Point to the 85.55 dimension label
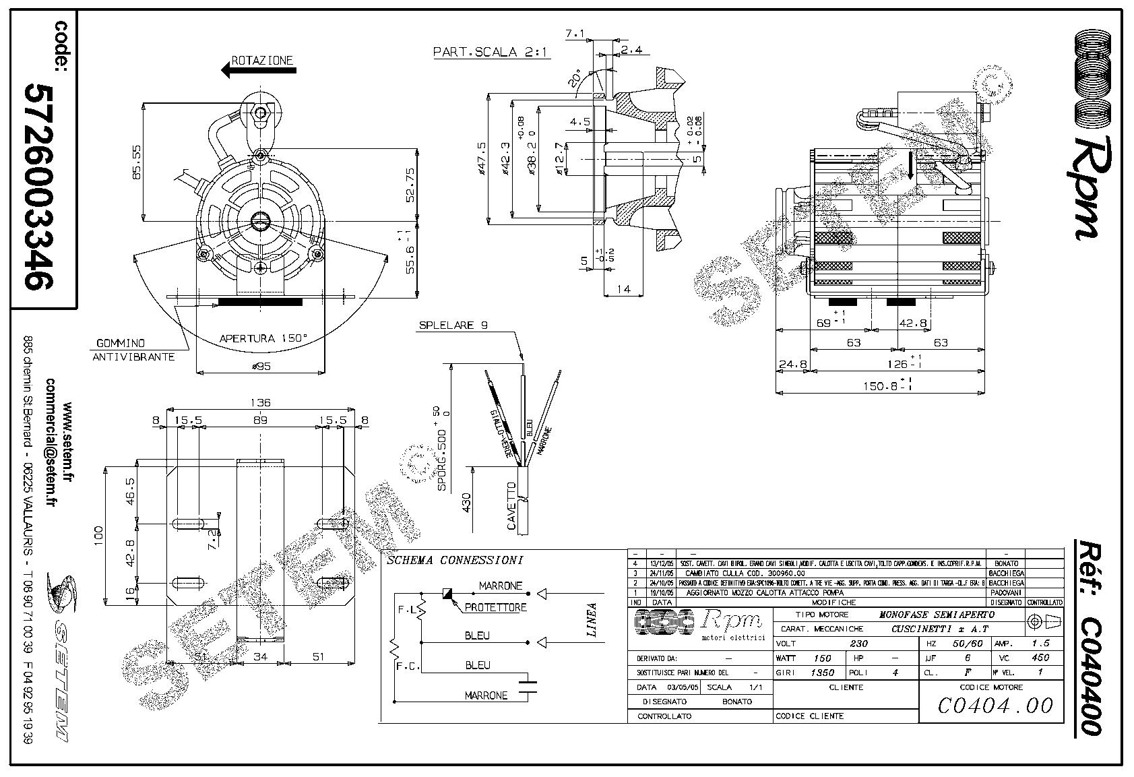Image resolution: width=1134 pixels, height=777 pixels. point(137,162)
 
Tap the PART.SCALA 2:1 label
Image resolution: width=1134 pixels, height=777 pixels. point(491,51)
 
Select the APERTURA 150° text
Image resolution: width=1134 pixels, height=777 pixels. point(263,338)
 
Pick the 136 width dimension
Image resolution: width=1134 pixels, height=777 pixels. point(260,402)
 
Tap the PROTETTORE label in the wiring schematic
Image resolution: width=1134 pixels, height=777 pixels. point(495,607)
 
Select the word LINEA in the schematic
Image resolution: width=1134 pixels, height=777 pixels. point(592,619)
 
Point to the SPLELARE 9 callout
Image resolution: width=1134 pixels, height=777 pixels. point(453,325)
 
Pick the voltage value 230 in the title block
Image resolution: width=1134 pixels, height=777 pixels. point(859,643)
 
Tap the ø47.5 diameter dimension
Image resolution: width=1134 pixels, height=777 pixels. point(481,159)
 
